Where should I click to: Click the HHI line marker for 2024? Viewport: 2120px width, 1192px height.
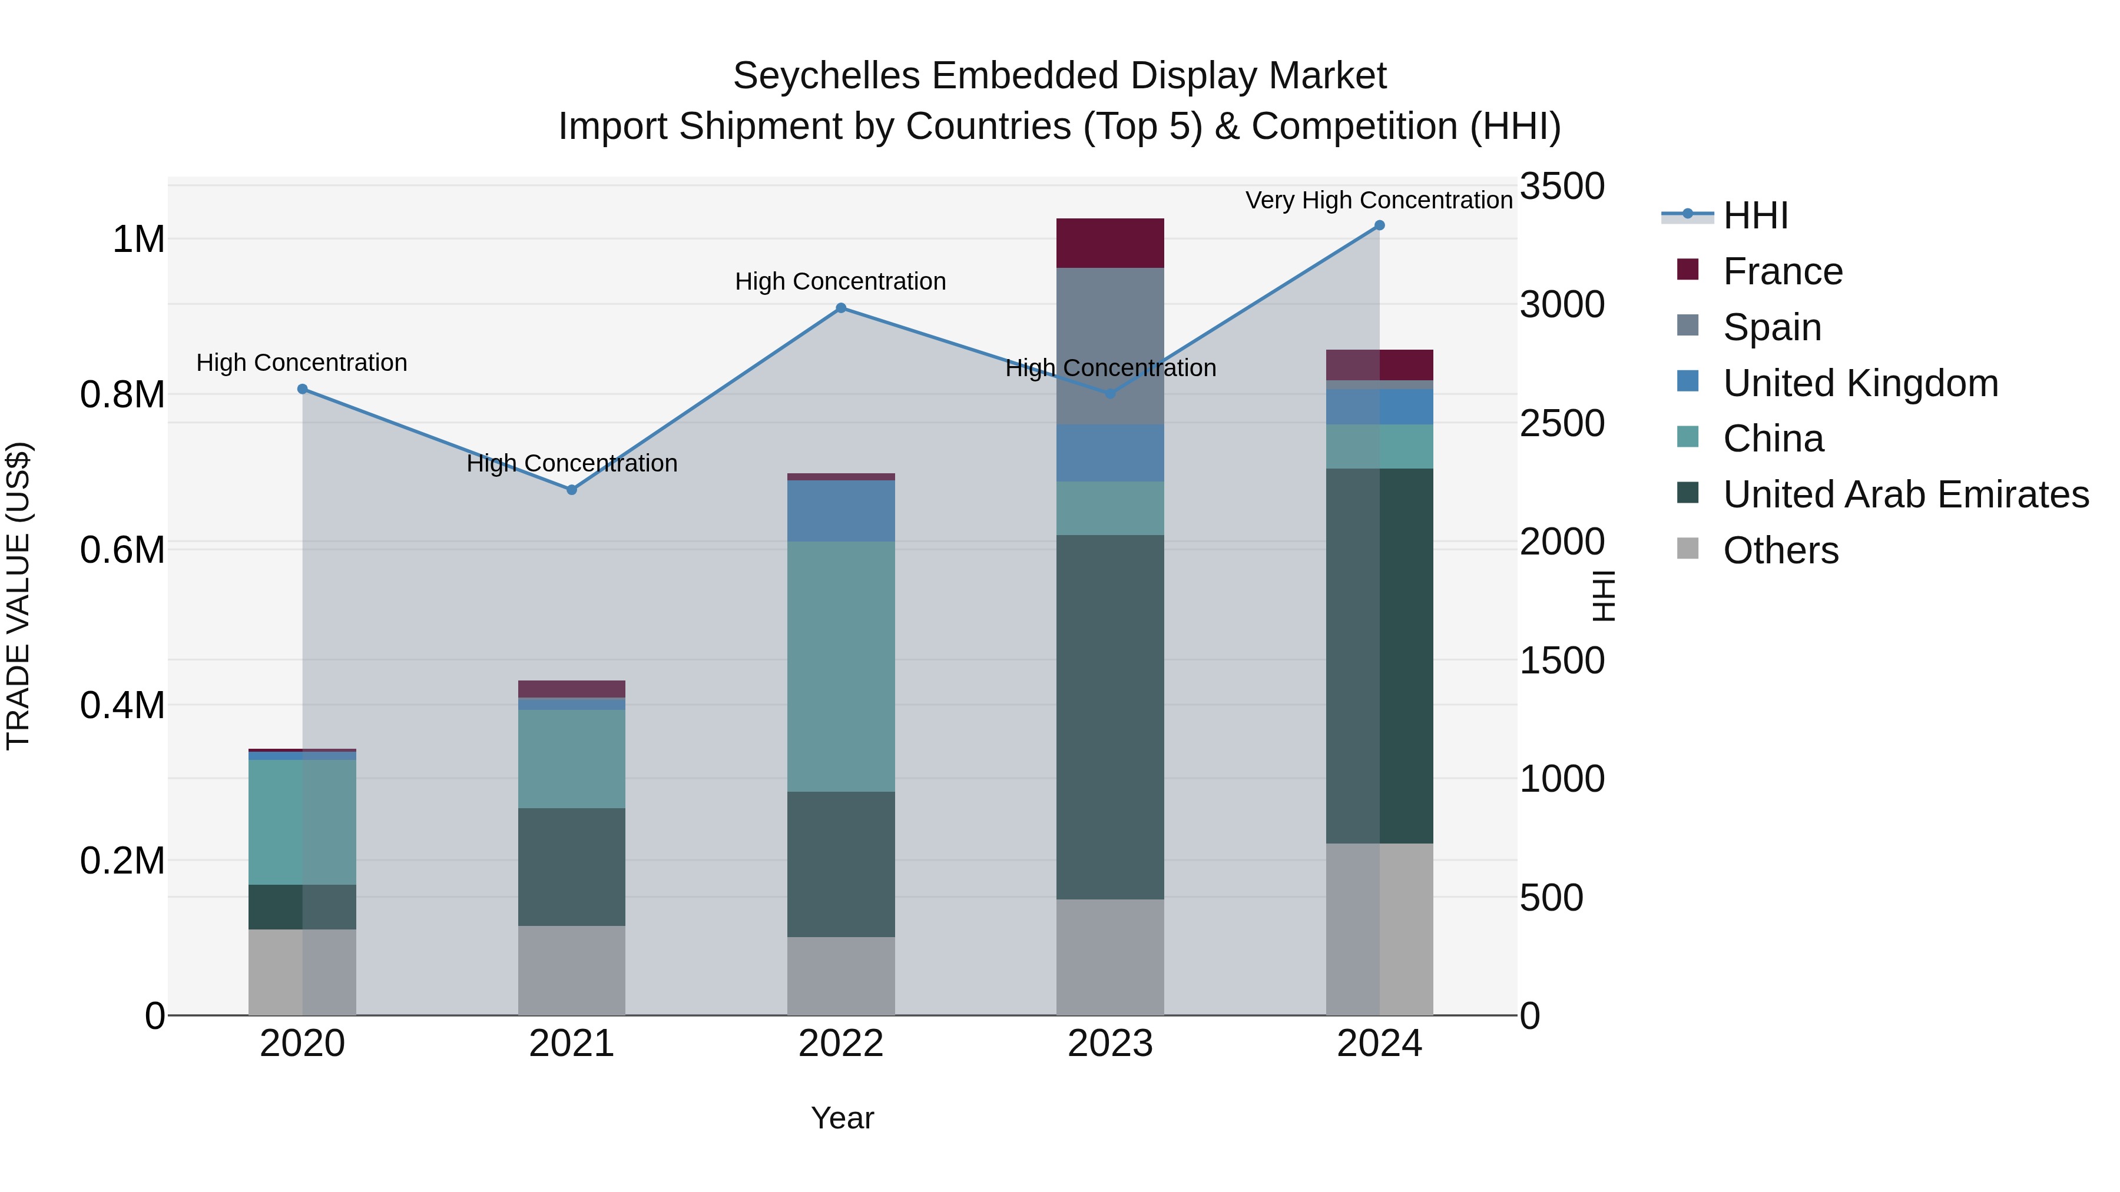pyautogui.click(x=1379, y=225)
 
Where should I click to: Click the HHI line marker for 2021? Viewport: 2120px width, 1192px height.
pyautogui.click(x=572, y=490)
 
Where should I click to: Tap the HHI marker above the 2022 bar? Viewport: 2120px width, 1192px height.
pyautogui.click(x=841, y=308)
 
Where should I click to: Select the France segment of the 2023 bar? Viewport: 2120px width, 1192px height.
pyautogui.click(x=1110, y=244)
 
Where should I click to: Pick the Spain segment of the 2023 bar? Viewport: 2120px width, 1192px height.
pyautogui.click(x=1110, y=346)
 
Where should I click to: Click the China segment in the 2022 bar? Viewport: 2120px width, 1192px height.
pyautogui.click(x=841, y=666)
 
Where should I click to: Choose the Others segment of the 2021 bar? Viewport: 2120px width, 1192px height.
pyautogui.click(x=572, y=971)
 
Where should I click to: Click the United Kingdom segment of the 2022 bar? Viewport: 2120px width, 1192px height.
pyautogui.click(x=841, y=511)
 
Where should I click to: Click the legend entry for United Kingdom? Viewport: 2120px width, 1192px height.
pyautogui.click(x=1860, y=383)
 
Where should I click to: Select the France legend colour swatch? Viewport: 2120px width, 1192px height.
pyautogui.click(x=1687, y=270)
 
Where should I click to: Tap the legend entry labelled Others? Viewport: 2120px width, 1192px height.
pyautogui.click(x=1780, y=550)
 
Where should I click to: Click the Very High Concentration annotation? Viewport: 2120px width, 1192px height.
pyautogui.click(x=1379, y=200)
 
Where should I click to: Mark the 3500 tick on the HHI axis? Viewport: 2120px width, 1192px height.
pyautogui.click(x=1561, y=186)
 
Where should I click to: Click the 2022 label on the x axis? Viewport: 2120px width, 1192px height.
pyautogui.click(x=841, y=1044)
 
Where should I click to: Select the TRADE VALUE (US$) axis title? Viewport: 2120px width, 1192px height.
pyautogui.click(x=18, y=596)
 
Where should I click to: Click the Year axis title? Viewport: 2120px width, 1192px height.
pyautogui.click(x=842, y=1118)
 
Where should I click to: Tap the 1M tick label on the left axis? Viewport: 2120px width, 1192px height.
pyautogui.click(x=138, y=240)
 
